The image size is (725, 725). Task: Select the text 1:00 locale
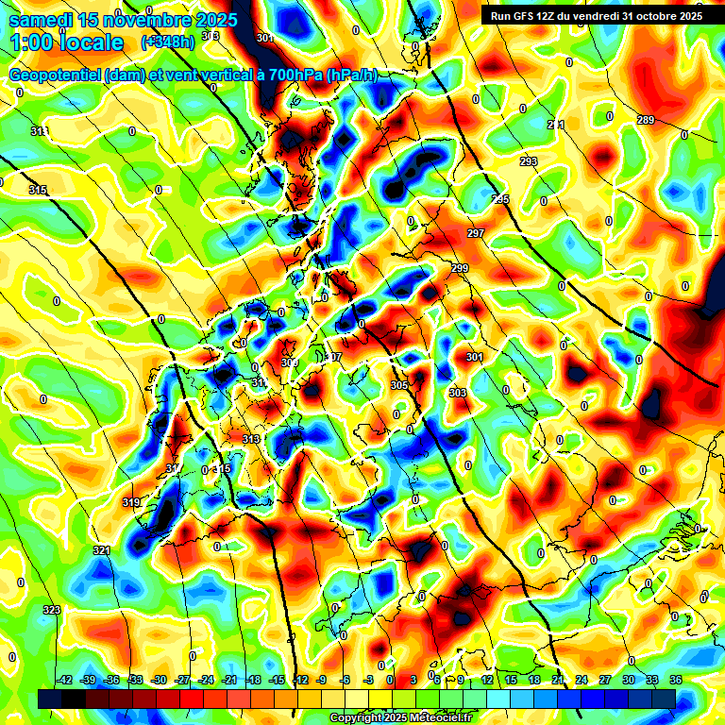[67, 42]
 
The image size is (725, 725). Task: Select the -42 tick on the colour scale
[65, 680]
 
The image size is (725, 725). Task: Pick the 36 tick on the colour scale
[675, 680]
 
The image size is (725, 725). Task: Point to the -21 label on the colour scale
[229, 680]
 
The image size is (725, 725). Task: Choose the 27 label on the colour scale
[605, 680]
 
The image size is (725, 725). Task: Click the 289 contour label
[646, 120]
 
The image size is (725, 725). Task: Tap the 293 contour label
[529, 161]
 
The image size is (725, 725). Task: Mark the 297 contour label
[476, 233]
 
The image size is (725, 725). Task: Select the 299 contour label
[460, 269]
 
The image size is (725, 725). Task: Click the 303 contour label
[458, 393]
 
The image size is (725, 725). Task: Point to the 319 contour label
[131, 503]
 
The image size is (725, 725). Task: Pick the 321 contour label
[102, 550]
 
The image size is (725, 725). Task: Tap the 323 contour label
[51, 610]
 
